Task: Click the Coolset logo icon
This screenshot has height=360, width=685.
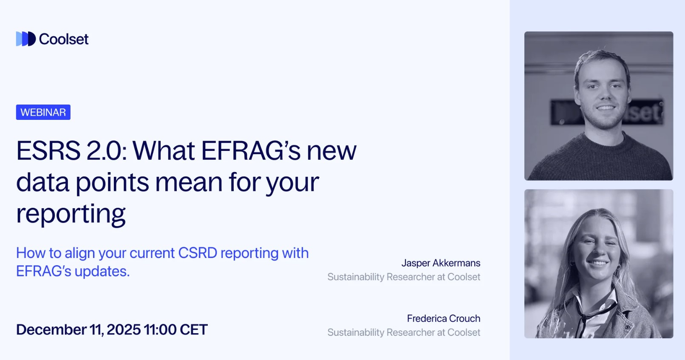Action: tap(25, 39)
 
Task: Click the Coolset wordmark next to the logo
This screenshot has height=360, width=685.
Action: tap(64, 39)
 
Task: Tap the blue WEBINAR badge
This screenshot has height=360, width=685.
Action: tap(43, 112)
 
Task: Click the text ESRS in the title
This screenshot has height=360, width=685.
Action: tap(48, 151)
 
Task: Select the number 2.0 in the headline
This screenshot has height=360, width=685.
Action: tap(107, 151)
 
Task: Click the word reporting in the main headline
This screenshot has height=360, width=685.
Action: tap(71, 214)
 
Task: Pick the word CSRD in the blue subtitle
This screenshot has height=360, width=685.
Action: tap(198, 253)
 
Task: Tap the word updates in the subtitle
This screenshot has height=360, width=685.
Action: tap(102, 271)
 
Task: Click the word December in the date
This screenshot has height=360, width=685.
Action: tap(51, 330)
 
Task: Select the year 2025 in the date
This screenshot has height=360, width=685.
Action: tap(124, 330)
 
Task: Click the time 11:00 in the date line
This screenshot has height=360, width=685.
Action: tap(160, 330)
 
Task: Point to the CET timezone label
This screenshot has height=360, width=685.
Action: tap(194, 330)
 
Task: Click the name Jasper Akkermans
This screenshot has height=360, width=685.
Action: tap(441, 263)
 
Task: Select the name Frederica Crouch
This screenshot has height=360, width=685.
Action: tap(444, 318)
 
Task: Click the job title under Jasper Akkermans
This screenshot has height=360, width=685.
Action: tap(404, 277)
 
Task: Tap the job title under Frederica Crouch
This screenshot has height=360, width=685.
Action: tap(404, 332)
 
